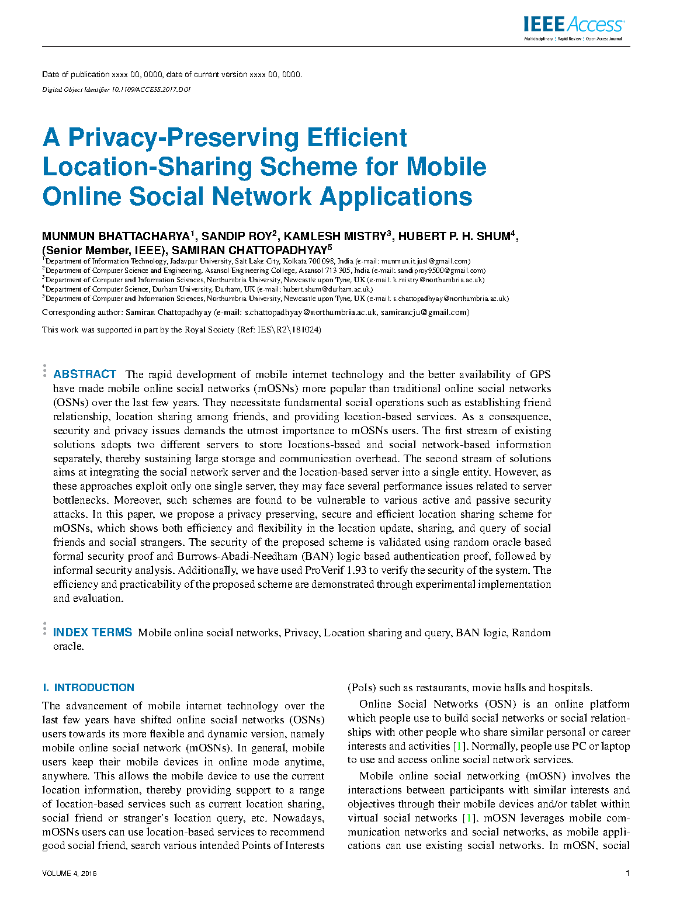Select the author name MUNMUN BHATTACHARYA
[x=116, y=237]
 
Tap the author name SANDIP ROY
[x=237, y=237]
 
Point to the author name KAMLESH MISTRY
[x=335, y=237]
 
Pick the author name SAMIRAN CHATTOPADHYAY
[x=249, y=251]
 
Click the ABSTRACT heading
[x=85, y=375]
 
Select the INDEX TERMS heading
[x=92, y=633]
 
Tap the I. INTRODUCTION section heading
[x=88, y=688]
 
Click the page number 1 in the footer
[x=627, y=874]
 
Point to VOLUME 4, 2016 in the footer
[x=69, y=874]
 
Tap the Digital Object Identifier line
[x=116, y=89]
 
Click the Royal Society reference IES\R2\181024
[x=289, y=330]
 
